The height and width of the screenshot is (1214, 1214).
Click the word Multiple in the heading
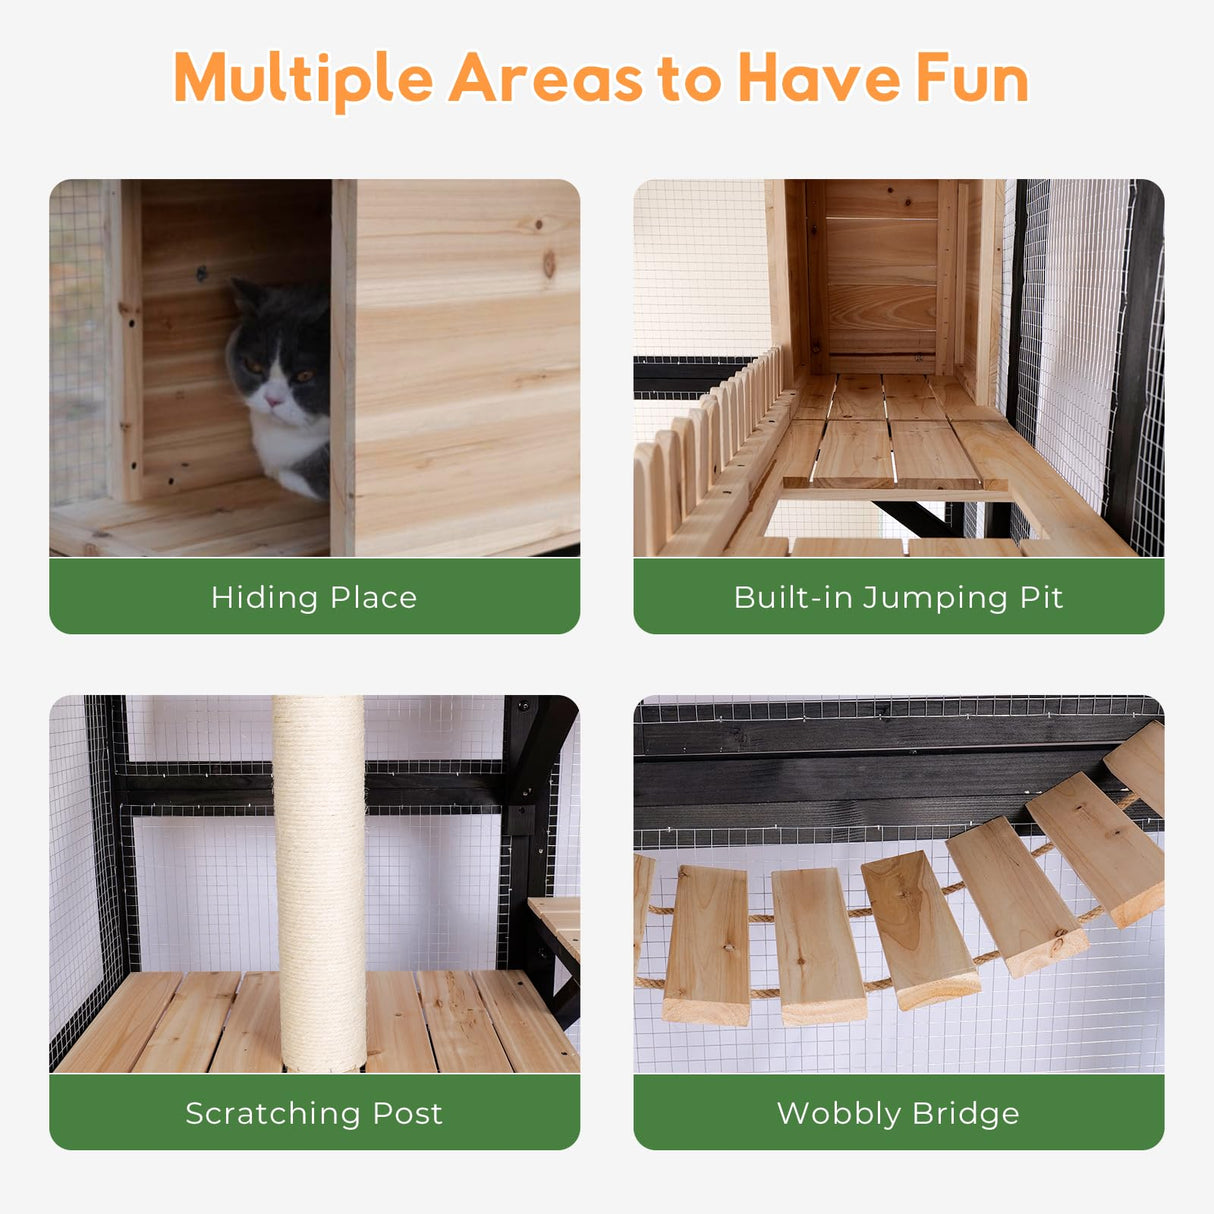tap(303, 79)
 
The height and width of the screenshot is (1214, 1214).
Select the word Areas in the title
tap(545, 79)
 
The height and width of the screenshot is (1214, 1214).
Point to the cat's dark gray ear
tap(245, 295)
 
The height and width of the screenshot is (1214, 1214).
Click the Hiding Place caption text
tap(314, 597)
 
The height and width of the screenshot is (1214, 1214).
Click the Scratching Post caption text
tap(314, 1113)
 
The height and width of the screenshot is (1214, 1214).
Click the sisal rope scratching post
tap(319, 880)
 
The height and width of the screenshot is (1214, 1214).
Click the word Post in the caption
tap(407, 1113)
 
